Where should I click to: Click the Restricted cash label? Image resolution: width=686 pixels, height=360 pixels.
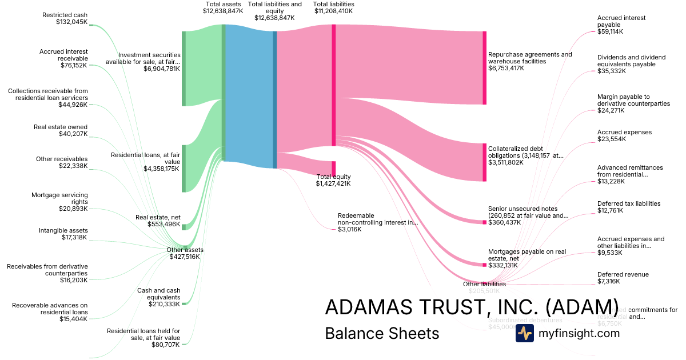pyautogui.click(x=65, y=15)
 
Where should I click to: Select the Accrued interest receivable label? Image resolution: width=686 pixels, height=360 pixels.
pyautogui.click(x=63, y=55)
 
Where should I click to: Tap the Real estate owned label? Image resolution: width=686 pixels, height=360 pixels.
pyautogui.click(x=61, y=127)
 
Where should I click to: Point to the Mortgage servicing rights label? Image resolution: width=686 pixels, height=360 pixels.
pyautogui.click(x=59, y=198)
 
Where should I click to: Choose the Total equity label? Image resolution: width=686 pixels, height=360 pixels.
pyautogui.click(x=334, y=177)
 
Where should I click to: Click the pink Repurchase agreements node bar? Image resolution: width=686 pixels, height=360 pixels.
pyautogui.click(x=484, y=68)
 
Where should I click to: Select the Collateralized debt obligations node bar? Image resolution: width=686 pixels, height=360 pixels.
pyautogui.click(x=484, y=162)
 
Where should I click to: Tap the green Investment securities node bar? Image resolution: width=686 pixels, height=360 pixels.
pyautogui.click(x=184, y=69)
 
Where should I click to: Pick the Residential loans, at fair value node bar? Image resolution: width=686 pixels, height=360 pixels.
pyautogui.click(x=184, y=169)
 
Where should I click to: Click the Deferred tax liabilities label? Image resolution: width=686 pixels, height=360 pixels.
pyautogui.click(x=628, y=203)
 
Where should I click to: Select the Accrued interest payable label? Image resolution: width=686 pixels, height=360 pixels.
pyautogui.click(x=621, y=21)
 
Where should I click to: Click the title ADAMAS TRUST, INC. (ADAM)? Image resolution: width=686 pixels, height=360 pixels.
pyautogui.click(x=472, y=307)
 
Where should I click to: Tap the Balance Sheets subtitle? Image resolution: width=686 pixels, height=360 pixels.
pyautogui.click(x=382, y=333)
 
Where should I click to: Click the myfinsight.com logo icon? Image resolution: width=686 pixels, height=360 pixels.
pyautogui.click(x=524, y=333)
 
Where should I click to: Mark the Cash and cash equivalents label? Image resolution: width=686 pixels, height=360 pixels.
pyautogui.click(x=159, y=294)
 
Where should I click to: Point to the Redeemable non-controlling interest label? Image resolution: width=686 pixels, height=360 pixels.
pyautogui.click(x=378, y=219)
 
